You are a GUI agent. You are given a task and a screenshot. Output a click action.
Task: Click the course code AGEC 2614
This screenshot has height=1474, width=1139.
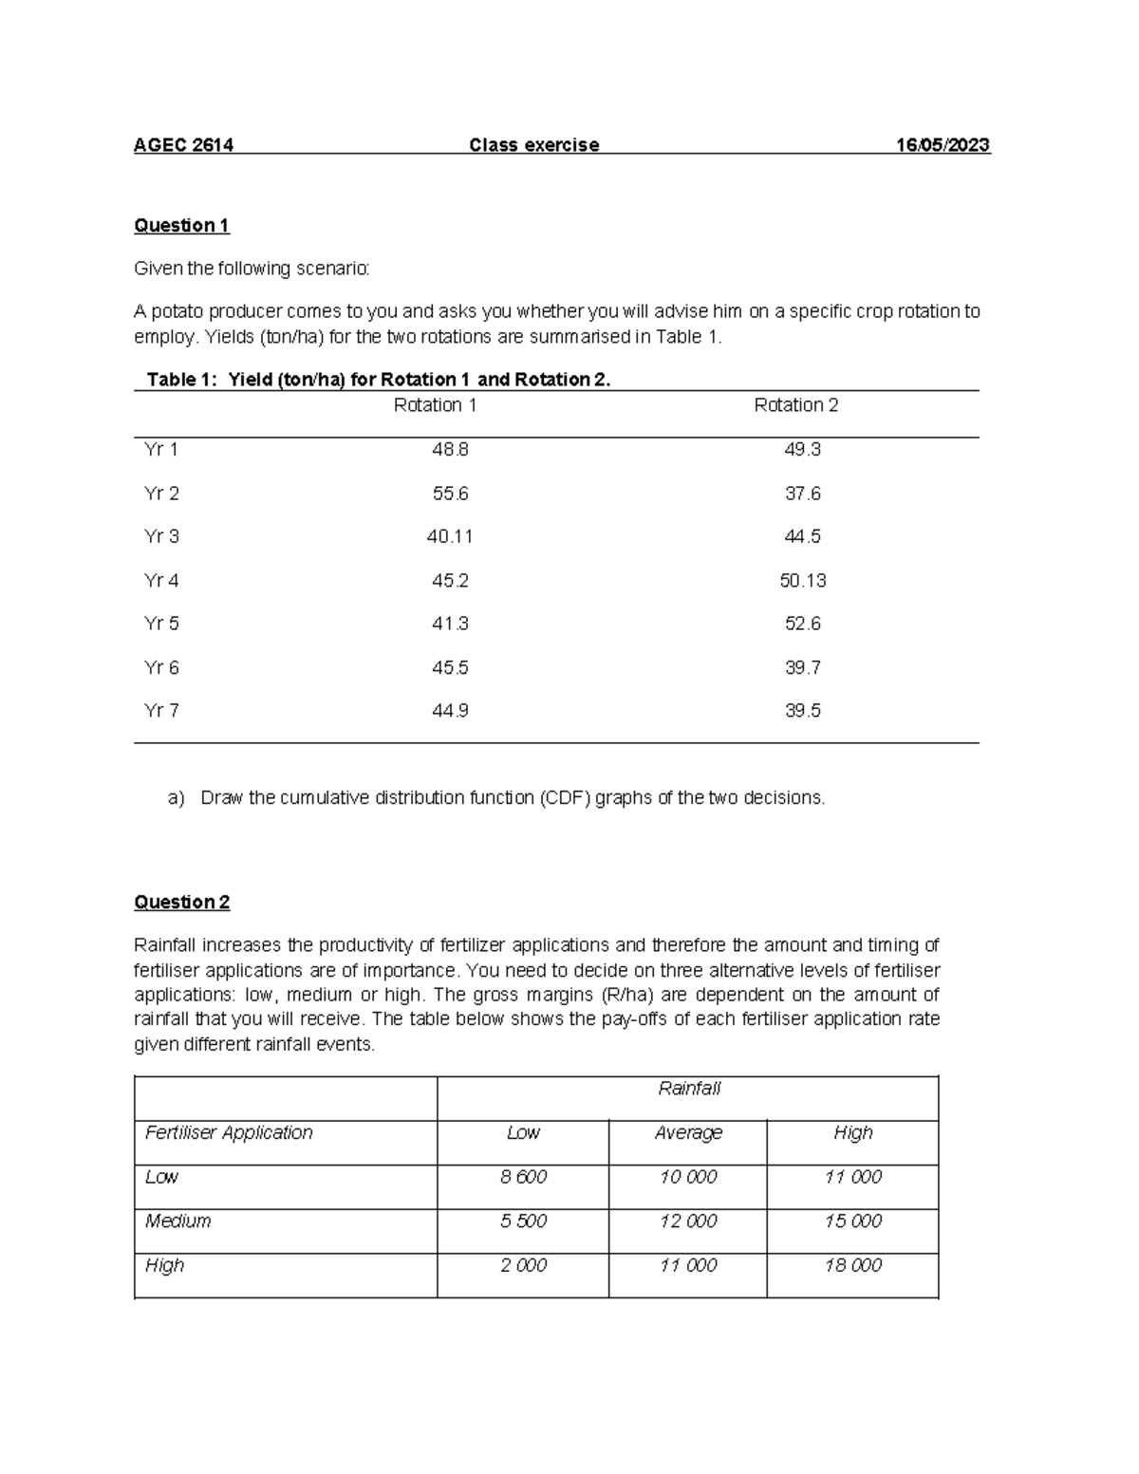point(184,145)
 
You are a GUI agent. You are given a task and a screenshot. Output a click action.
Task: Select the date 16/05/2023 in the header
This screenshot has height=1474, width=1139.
point(943,145)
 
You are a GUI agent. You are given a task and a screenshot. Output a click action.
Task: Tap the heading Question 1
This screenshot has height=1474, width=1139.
point(181,226)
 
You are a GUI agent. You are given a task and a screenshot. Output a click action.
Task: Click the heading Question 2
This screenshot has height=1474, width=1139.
point(181,903)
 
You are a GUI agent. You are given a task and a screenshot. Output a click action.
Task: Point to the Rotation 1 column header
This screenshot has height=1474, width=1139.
point(435,405)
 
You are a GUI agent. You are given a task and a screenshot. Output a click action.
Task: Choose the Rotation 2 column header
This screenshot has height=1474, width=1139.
point(795,405)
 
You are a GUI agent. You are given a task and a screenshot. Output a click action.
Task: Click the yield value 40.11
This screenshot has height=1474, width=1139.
point(450,537)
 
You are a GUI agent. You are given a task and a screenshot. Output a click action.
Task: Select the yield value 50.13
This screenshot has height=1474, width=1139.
point(803,581)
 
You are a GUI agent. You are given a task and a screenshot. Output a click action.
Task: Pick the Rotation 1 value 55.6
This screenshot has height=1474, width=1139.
point(450,494)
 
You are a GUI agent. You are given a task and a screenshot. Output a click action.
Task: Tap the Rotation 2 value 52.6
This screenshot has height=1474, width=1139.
point(803,625)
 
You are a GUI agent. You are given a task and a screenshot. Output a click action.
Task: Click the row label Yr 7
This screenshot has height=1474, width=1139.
point(161,711)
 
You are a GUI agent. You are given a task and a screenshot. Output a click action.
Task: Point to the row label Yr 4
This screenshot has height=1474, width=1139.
point(161,581)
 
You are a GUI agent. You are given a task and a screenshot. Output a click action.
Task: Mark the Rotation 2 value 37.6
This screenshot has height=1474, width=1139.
point(803,494)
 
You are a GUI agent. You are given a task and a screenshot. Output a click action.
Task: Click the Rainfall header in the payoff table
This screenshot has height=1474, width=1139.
point(689,1089)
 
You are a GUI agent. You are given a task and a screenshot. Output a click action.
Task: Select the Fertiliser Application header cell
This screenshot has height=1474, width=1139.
point(229,1133)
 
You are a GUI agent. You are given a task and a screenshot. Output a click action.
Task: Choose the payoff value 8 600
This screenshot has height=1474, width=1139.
point(523,1177)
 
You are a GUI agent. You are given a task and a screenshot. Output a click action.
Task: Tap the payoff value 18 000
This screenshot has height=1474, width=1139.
point(852,1265)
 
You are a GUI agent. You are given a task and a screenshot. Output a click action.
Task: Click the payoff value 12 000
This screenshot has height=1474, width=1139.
point(688,1222)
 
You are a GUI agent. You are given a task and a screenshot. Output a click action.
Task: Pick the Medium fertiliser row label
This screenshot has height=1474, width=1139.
point(177,1222)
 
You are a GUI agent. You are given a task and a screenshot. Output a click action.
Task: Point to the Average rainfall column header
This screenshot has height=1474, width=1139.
point(688,1133)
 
